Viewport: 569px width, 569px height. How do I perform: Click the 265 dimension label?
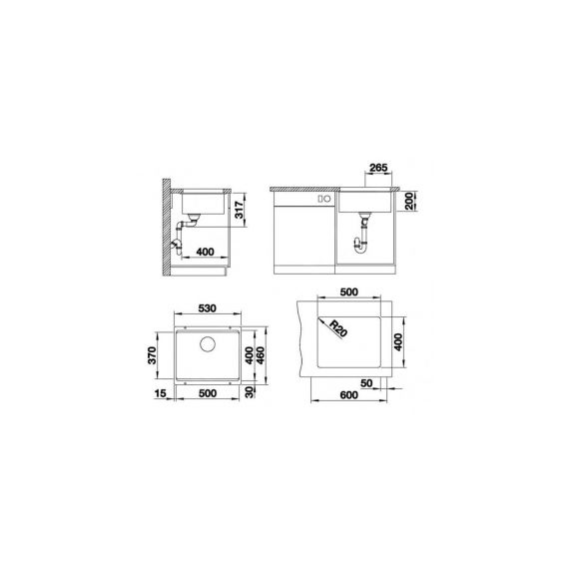pos(378,168)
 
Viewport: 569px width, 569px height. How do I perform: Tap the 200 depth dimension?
pos(409,201)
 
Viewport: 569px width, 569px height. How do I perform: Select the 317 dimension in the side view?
pos(239,210)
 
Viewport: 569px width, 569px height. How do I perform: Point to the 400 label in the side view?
pos(205,252)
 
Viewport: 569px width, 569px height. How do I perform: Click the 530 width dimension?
pos(208,308)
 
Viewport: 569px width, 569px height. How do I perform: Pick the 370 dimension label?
pos(152,355)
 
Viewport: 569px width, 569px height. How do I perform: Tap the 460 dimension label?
pos(261,355)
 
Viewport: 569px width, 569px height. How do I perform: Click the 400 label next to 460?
pos(250,355)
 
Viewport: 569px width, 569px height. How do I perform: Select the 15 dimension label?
pos(160,393)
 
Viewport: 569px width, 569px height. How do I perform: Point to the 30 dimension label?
pos(250,392)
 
